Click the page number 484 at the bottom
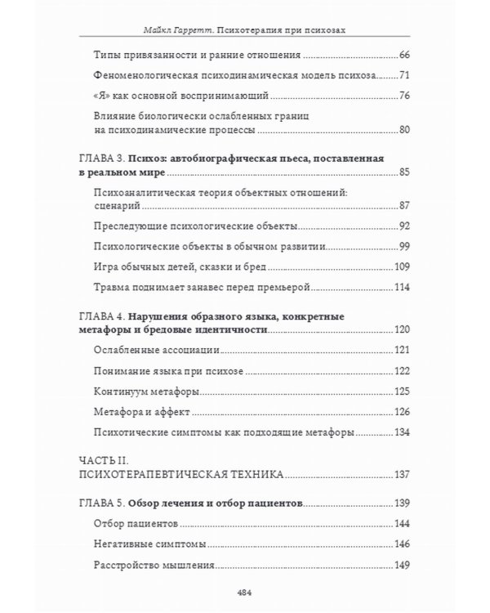click(x=245, y=593)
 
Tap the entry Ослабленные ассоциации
click(x=156, y=350)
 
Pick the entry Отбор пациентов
click(x=136, y=521)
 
